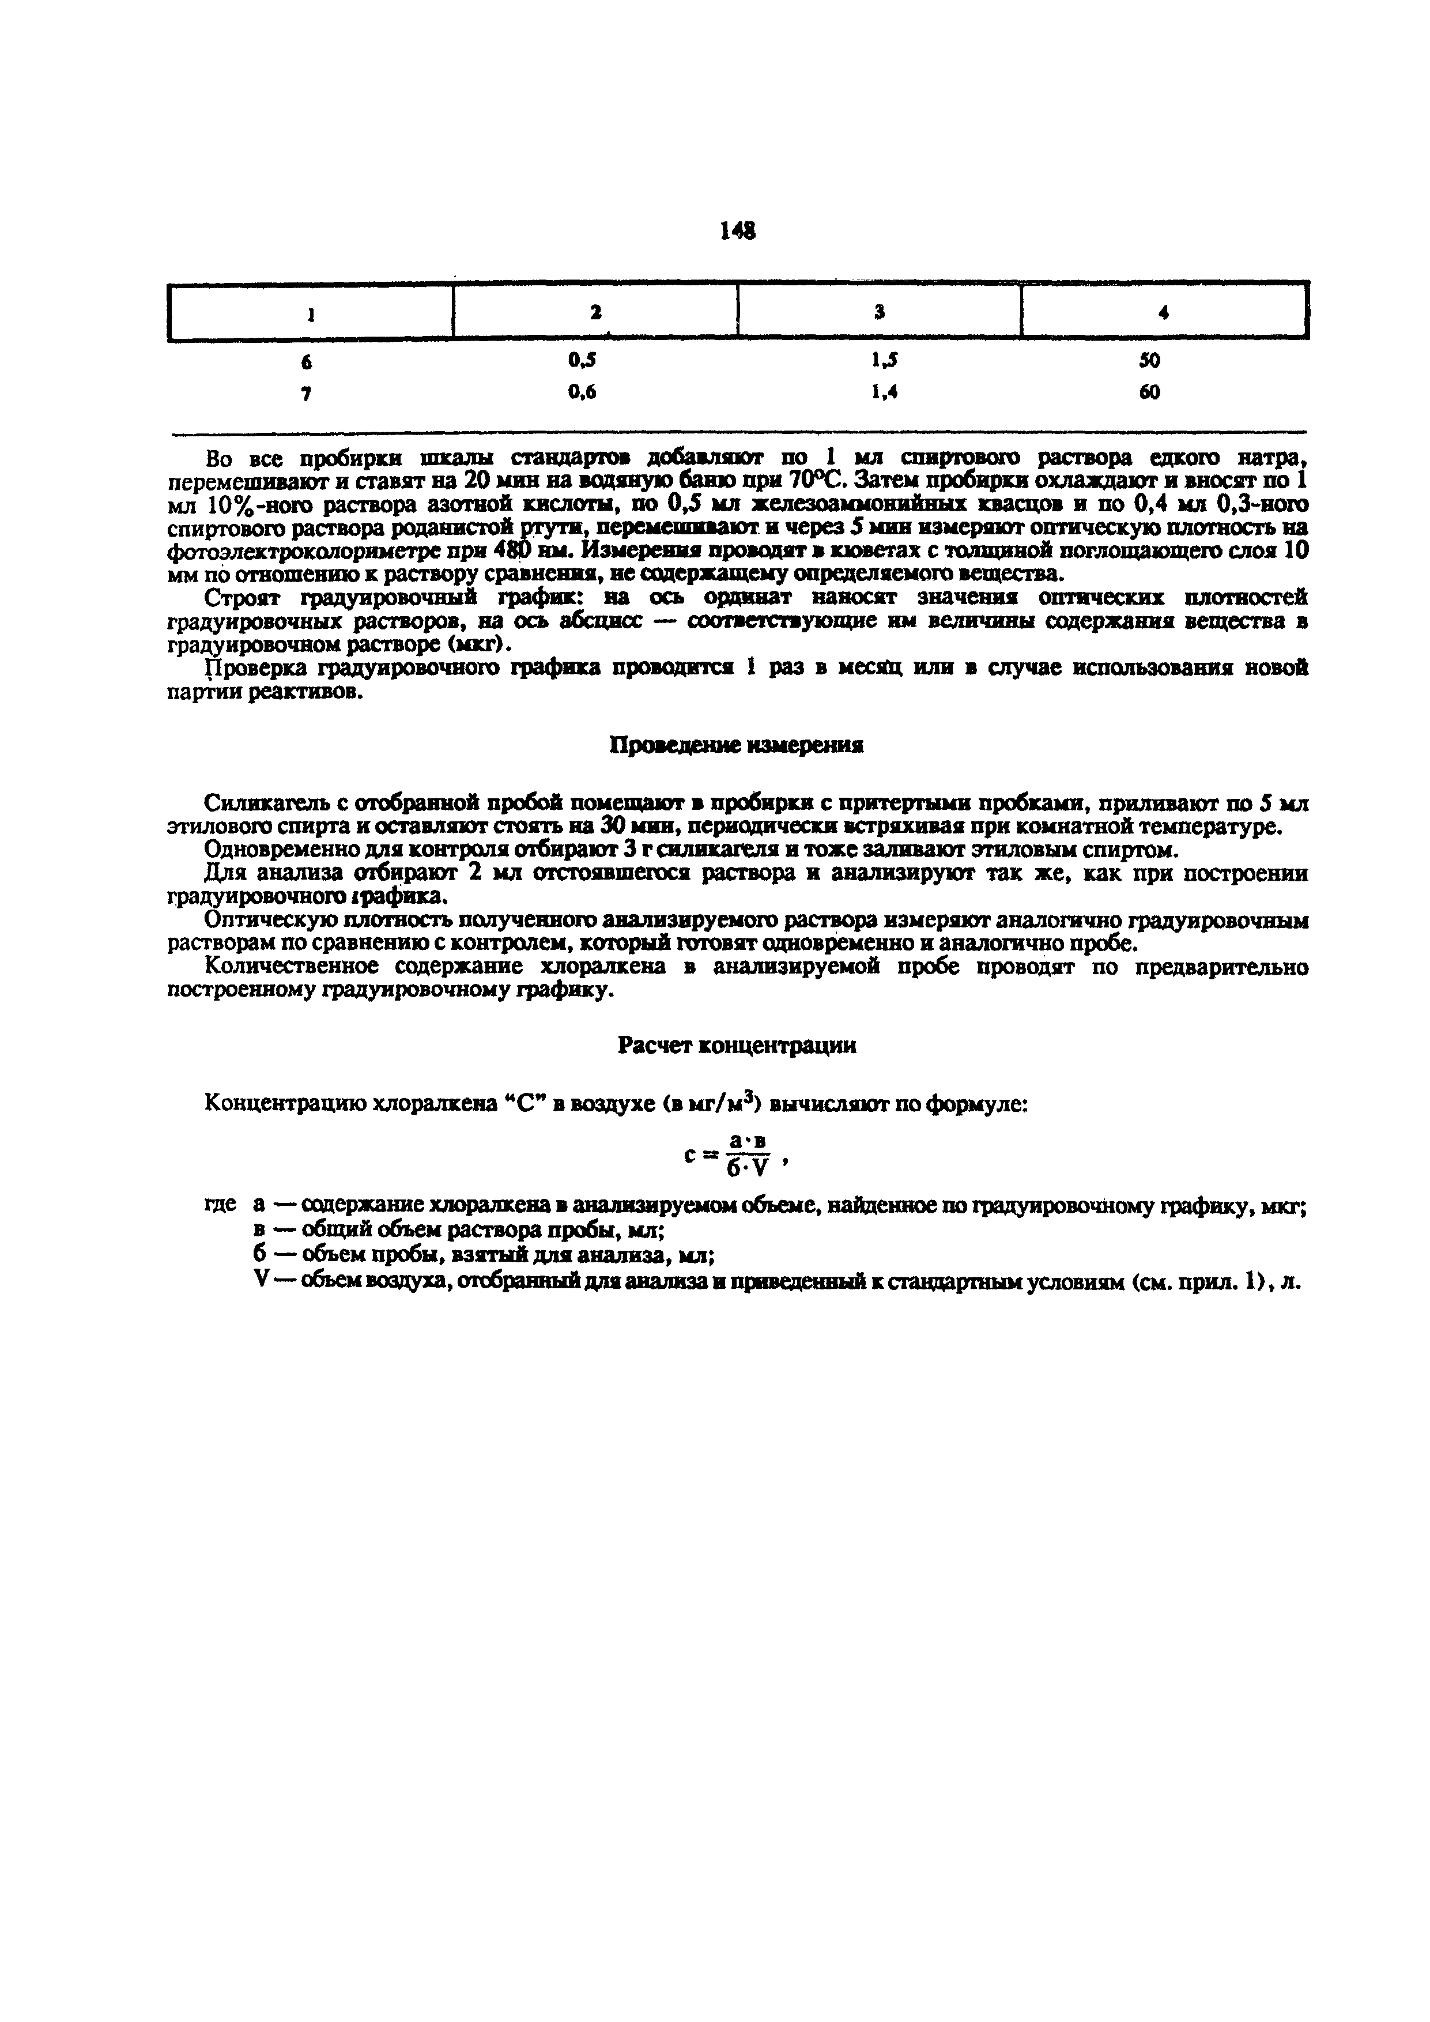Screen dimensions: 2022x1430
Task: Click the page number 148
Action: coord(737,231)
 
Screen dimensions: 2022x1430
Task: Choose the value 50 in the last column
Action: coord(1149,360)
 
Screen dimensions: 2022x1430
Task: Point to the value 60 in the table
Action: coord(1149,393)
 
